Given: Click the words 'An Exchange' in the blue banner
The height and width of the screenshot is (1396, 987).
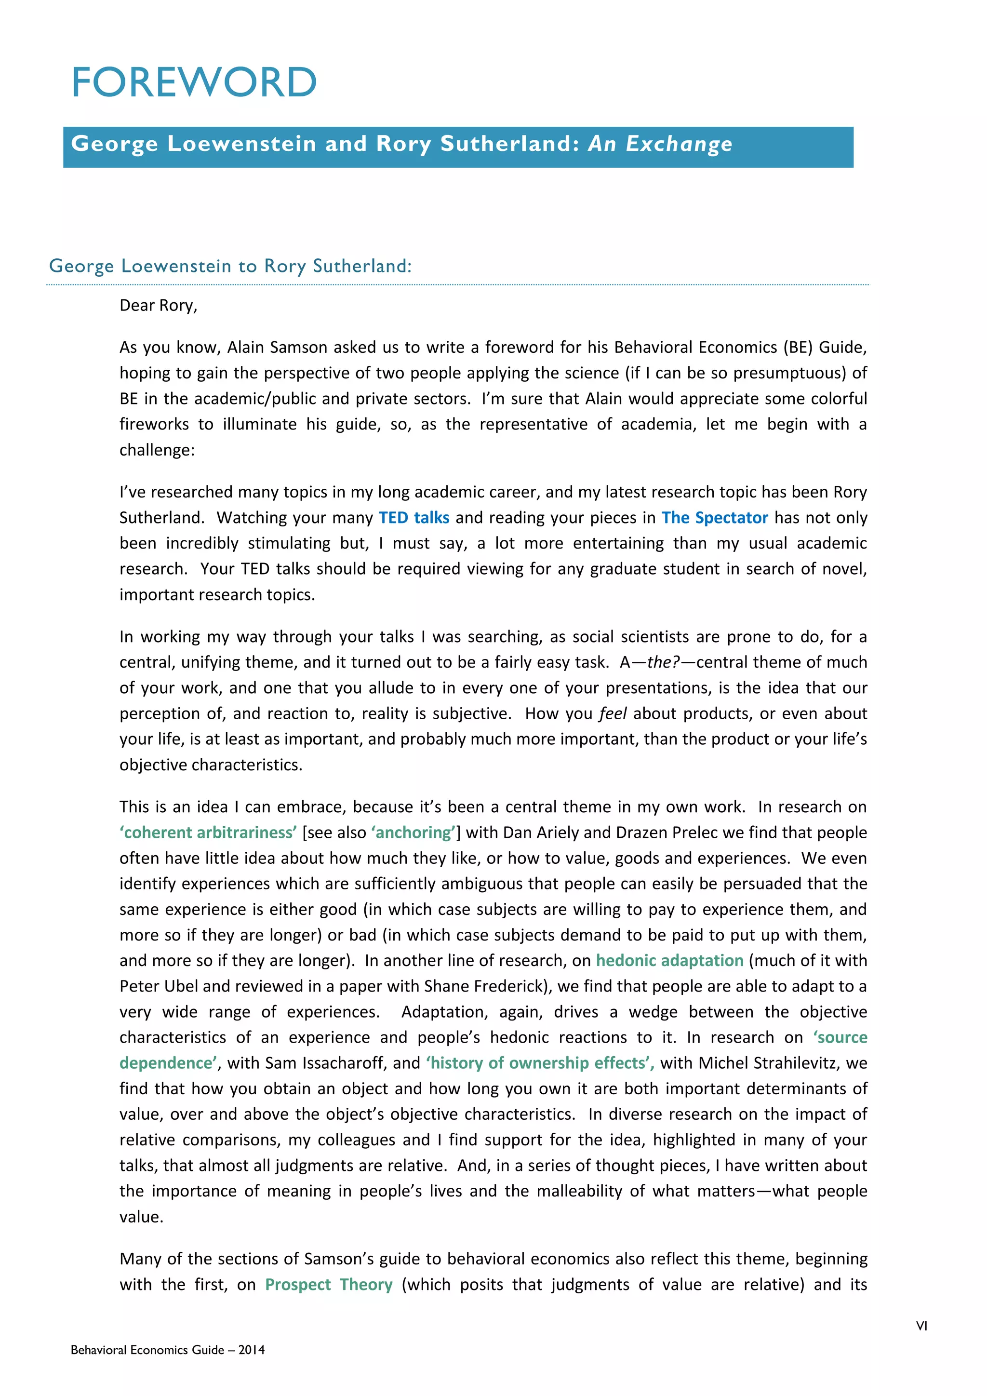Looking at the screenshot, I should pyautogui.click(x=660, y=144).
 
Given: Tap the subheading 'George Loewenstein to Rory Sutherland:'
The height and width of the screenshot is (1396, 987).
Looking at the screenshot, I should pyautogui.click(x=230, y=266).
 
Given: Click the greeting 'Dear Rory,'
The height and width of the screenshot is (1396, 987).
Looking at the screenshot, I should pyautogui.click(x=158, y=305).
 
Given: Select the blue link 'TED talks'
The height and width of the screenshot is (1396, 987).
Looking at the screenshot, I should pyautogui.click(x=414, y=517).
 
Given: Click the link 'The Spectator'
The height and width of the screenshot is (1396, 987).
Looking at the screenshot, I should pyautogui.click(x=715, y=517).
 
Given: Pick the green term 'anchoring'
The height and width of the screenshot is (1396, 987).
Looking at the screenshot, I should pyautogui.click(x=414, y=832).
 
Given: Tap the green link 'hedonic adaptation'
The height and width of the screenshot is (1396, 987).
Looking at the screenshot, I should pyautogui.click(x=669, y=960).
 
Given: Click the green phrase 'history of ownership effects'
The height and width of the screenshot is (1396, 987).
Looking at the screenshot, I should pyautogui.click(x=540, y=1063).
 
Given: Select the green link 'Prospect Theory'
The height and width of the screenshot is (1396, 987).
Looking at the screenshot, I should pyautogui.click(x=329, y=1284).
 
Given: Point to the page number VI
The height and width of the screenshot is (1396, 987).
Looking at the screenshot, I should pyautogui.click(x=921, y=1326).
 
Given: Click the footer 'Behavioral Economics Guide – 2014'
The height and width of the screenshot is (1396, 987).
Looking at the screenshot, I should pyautogui.click(x=168, y=1350).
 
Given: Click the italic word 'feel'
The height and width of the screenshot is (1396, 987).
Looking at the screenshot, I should pyautogui.click(x=612, y=713).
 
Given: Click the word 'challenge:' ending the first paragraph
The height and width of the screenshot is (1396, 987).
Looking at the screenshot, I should pyautogui.click(x=157, y=450).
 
